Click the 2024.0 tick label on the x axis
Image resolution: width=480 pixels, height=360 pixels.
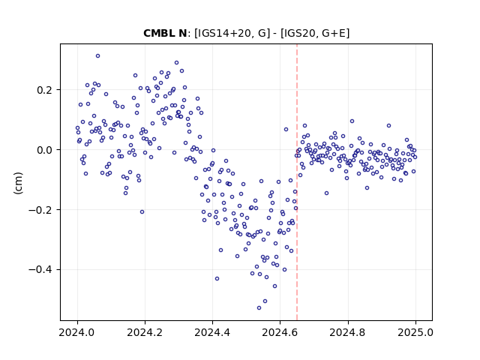click(x=77, y=332)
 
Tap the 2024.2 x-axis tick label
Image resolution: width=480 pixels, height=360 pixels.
click(x=145, y=332)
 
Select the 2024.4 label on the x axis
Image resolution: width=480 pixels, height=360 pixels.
click(x=212, y=332)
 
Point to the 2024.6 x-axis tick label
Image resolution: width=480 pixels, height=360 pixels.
click(x=280, y=332)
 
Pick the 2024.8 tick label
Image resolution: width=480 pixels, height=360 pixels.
click(x=347, y=332)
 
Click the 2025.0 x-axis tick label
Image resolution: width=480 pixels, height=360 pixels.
click(x=415, y=332)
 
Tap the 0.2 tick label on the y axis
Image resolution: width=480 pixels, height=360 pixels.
click(x=45, y=90)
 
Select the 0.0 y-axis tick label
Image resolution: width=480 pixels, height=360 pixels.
click(x=45, y=150)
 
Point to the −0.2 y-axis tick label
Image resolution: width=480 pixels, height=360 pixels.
click(x=40, y=210)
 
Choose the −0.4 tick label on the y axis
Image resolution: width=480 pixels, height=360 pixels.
click(x=40, y=270)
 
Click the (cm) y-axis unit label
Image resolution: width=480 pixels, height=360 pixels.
click(x=18, y=183)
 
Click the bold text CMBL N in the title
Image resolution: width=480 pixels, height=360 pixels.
click(x=165, y=33)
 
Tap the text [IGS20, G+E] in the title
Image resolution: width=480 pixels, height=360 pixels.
click(x=315, y=33)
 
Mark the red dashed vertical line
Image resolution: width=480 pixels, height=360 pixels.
click(x=297, y=182)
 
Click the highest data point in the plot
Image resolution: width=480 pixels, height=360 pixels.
click(x=97, y=56)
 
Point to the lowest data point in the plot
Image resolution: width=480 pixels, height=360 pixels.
click(x=259, y=308)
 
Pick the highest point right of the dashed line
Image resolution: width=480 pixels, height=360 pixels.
click(x=352, y=121)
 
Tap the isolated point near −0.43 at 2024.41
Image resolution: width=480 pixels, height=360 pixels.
click(x=217, y=278)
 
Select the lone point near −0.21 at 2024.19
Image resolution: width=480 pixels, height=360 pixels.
click(x=142, y=211)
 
